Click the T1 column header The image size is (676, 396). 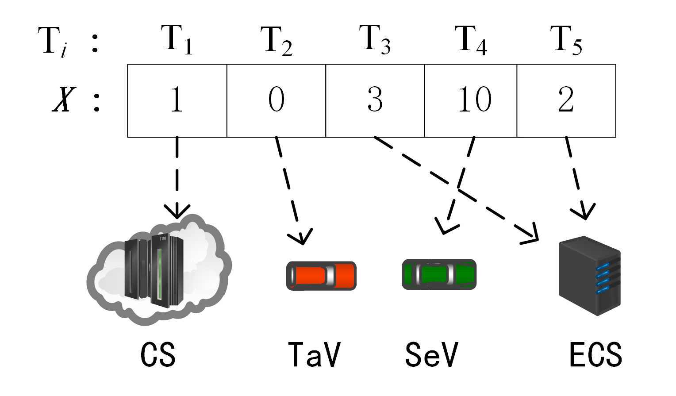coord(177,40)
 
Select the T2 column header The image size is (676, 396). coord(276,41)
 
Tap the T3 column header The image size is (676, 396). coord(374,40)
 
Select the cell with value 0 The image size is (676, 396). coord(276,100)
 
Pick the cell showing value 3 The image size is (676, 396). coord(375,100)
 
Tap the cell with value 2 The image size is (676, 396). coord(566,100)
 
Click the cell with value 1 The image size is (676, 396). coord(177,100)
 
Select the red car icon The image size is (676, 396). coord(321,276)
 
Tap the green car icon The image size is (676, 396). coord(439,275)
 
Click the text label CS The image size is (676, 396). coord(158,354)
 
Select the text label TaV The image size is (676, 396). coord(314,354)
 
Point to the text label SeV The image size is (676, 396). coord(431,354)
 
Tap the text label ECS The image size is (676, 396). coord(595,354)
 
